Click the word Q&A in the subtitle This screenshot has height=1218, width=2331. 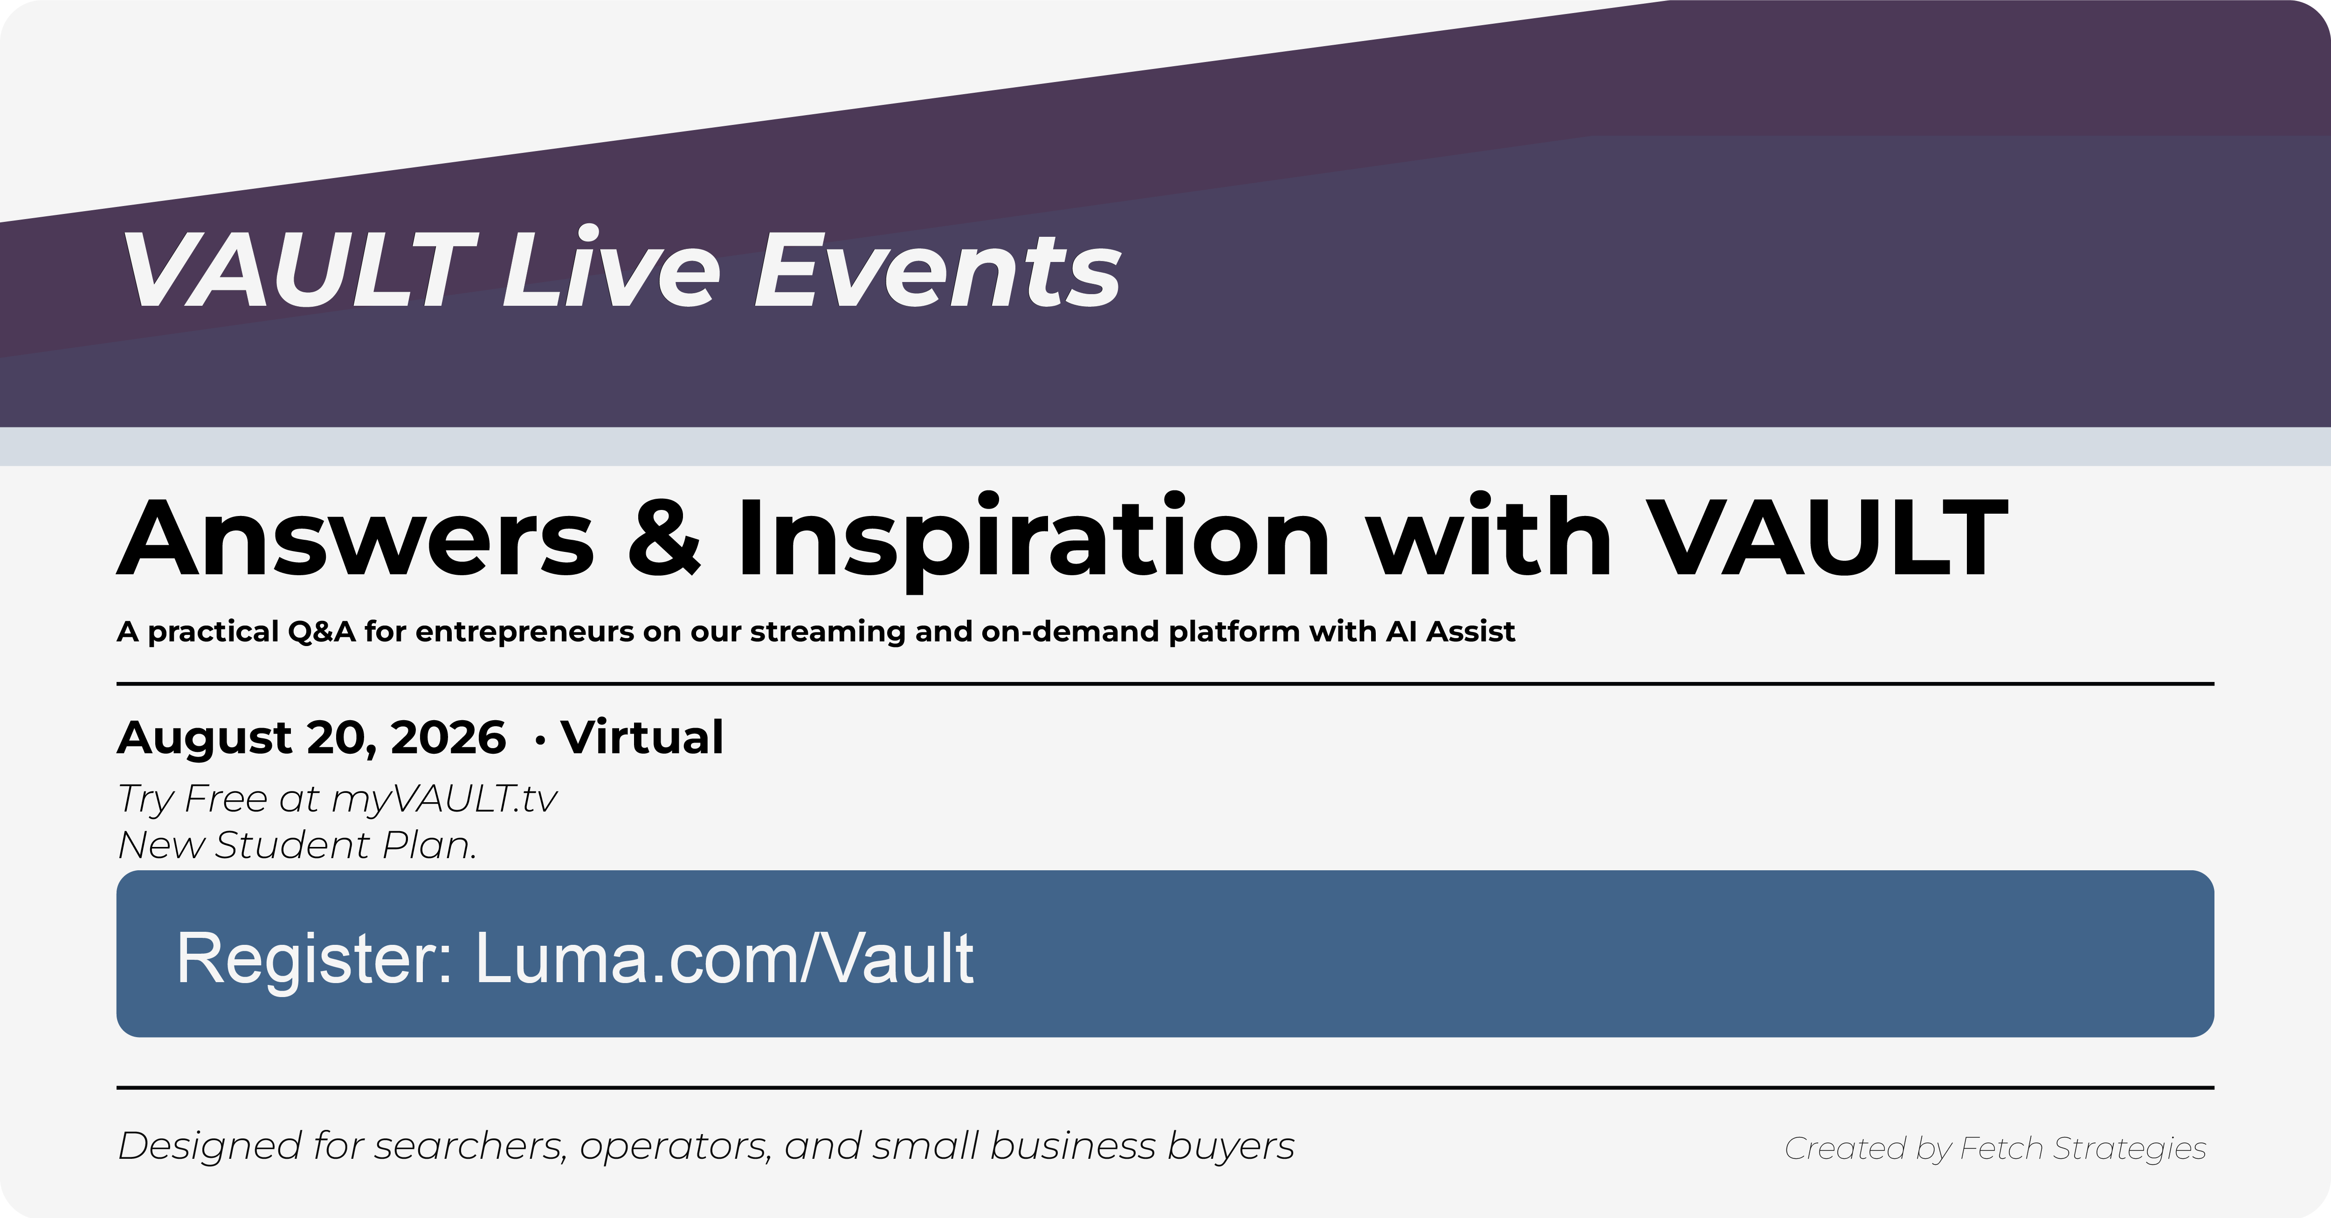coord(321,632)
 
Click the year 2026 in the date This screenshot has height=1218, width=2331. coord(448,737)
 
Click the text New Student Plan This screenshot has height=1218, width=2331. coord(297,845)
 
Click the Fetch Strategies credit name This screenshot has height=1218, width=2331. coord(2083,1149)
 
